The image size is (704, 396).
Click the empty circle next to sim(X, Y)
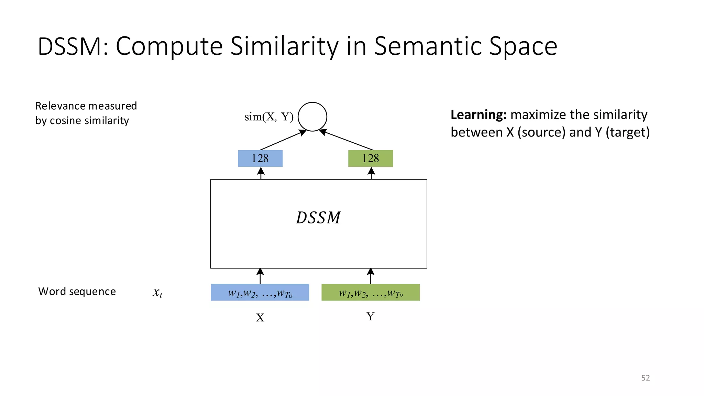312,117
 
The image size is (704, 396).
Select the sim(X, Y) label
269,117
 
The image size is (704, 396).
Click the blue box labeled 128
260,158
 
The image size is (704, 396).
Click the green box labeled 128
371,158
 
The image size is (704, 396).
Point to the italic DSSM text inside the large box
318,218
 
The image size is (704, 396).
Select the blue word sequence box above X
260,293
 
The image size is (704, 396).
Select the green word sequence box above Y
371,293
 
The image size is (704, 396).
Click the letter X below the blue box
260,318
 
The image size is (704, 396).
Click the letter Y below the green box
370,316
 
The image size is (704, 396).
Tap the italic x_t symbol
157,293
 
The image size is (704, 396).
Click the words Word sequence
77,291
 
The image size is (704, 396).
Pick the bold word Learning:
478,115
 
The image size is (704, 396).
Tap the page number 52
645,378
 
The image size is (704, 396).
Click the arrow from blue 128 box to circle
283,140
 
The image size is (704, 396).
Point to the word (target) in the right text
627,132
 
